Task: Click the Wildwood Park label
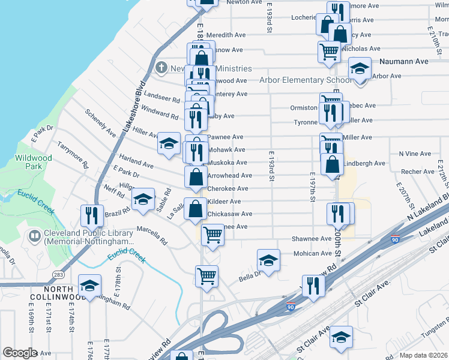click(33, 162)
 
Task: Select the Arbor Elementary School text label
click(306, 80)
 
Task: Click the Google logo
click(20, 353)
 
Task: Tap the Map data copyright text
click(424, 355)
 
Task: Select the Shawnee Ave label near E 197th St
click(312, 238)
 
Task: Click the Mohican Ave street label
click(313, 253)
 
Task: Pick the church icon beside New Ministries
click(161, 68)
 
